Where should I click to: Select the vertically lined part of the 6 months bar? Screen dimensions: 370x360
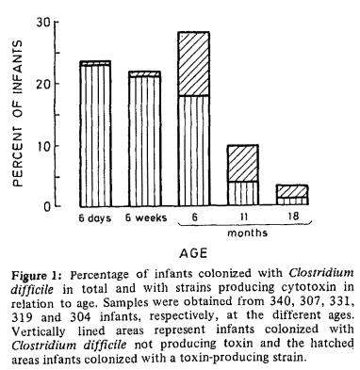[x=193, y=151]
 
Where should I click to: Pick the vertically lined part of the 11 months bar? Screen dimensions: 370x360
[x=242, y=193]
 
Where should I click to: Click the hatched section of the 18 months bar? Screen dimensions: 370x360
[x=291, y=190]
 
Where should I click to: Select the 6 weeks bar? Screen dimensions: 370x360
[x=144, y=138]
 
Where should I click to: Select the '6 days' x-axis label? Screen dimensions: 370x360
[x=95, y=217]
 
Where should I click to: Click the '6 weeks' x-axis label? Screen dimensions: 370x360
[x=144, y=217]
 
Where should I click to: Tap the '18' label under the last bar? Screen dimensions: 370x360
[x=291, y=217]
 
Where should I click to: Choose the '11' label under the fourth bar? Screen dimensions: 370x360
[x=242, y=217]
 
